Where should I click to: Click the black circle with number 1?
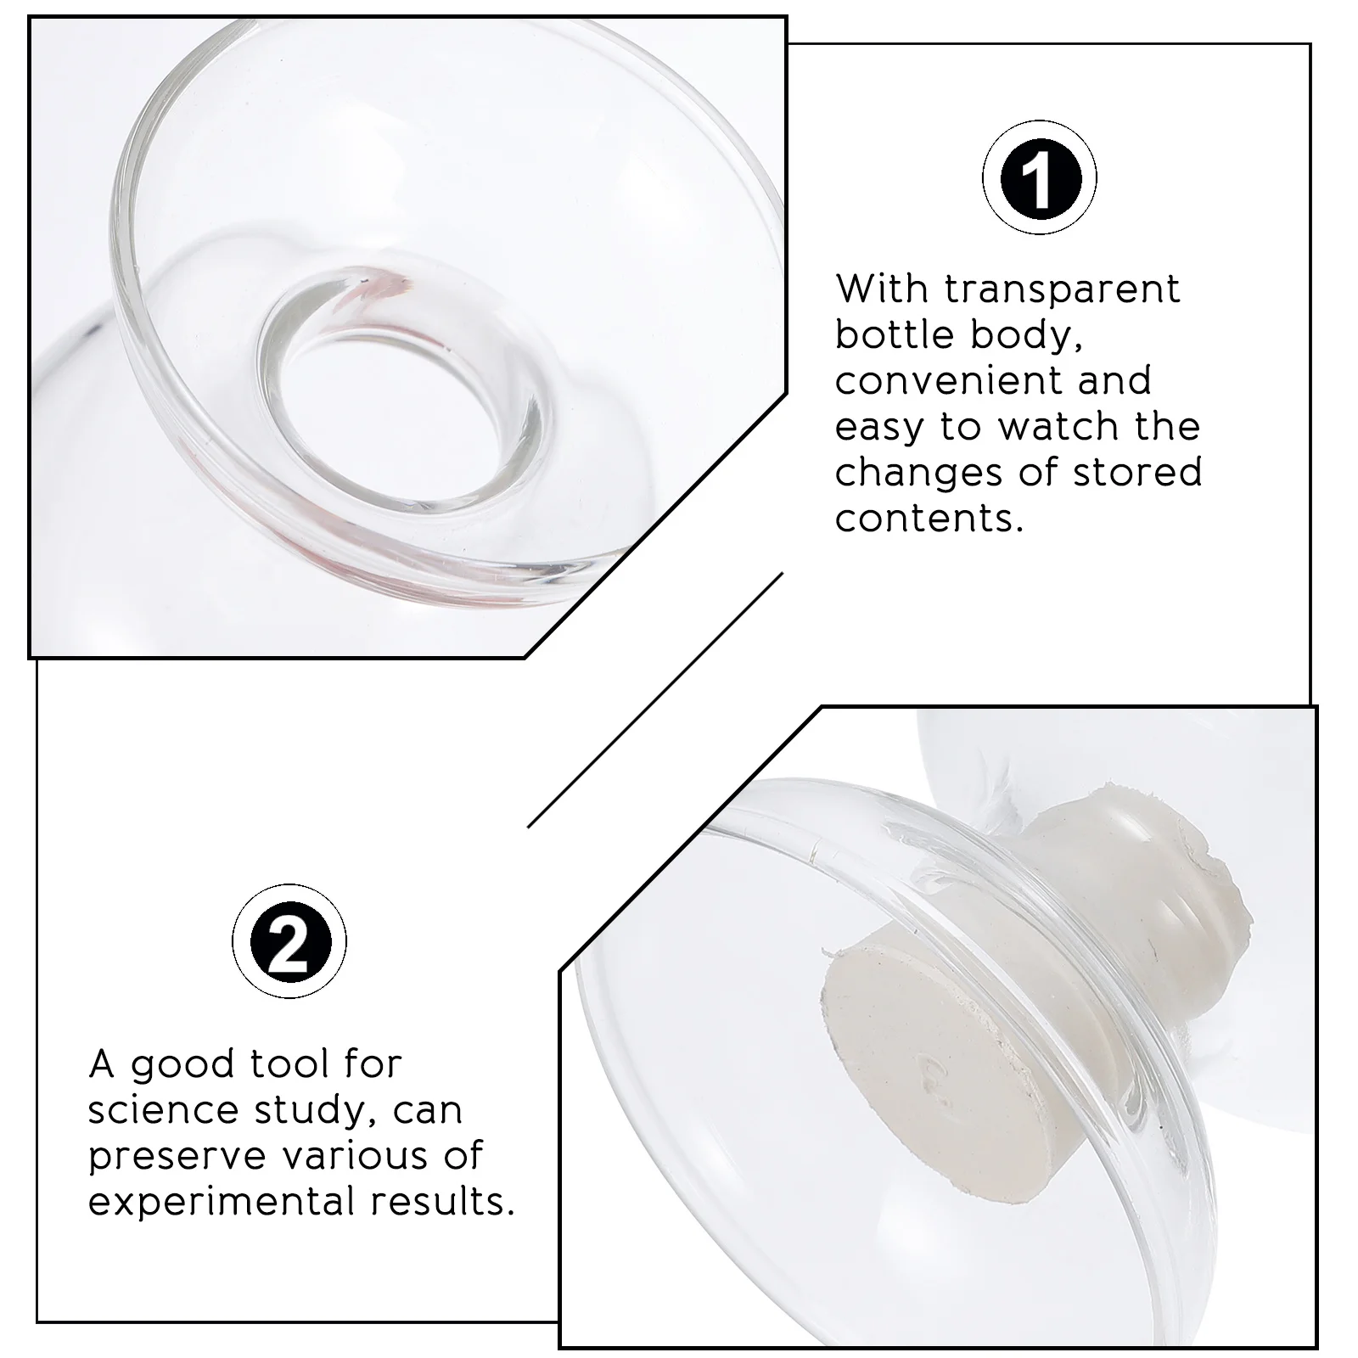coord(1039,178)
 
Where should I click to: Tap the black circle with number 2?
coord(289,941)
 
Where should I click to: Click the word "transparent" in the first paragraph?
coord(1062,289)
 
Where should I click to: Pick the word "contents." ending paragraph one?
coord(929,519)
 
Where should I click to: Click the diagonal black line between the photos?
coord(654,699)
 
